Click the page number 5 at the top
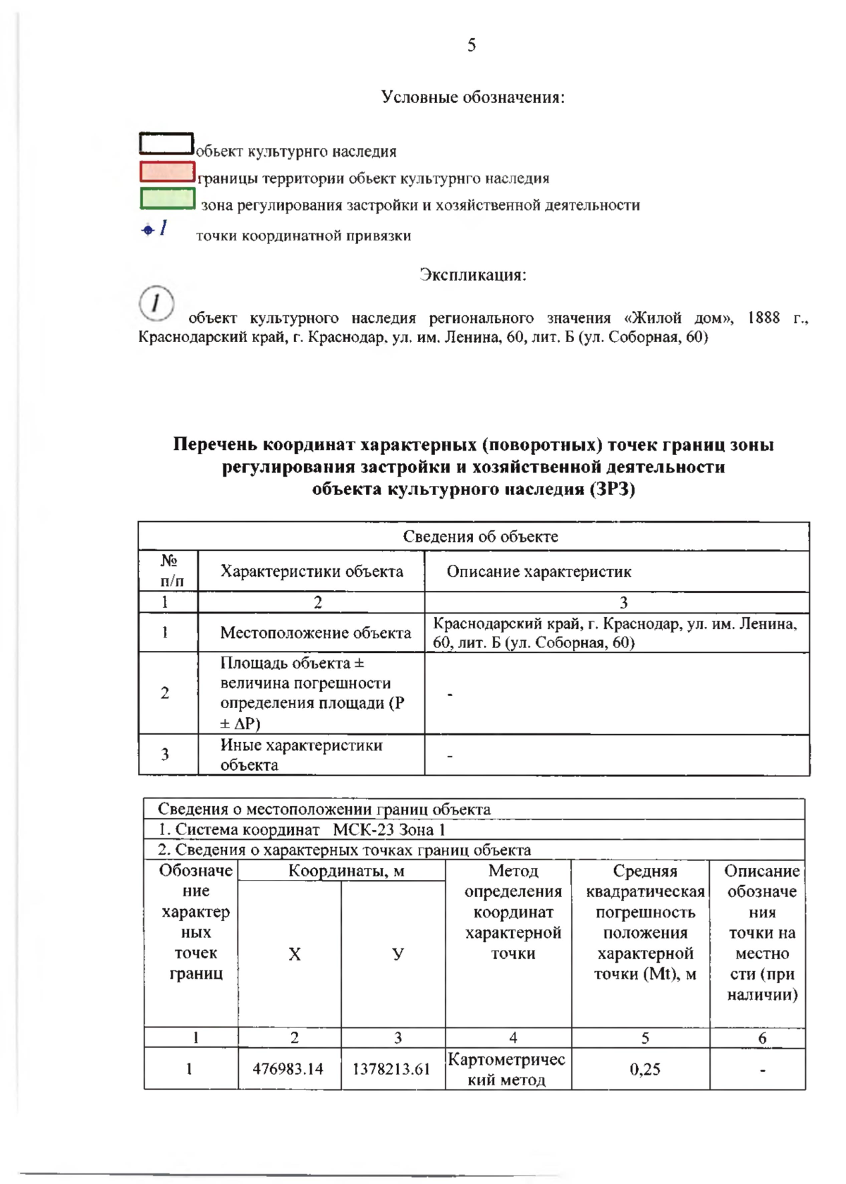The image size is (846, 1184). coord(472,46)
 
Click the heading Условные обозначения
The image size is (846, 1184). coord(473,97)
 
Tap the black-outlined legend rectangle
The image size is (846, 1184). coord(166,144)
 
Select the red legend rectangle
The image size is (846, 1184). coord(167,171)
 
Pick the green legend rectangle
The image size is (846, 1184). coord(167,198)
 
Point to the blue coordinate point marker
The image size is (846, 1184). coord(148,230)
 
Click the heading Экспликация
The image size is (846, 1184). coord(473,274)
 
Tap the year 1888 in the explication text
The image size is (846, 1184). coord(763,317)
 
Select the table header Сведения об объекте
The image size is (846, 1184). coord(480,537)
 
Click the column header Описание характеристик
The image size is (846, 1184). coord(539,572)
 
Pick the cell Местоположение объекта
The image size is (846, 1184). coord(315,633)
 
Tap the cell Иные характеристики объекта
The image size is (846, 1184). coord(301,755)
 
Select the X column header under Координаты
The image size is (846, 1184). coord(294,954)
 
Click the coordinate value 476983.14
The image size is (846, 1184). coord(288,1069)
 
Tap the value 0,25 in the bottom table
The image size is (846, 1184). coord(644,1069)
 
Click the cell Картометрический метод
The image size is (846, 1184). coord(506,1069)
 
